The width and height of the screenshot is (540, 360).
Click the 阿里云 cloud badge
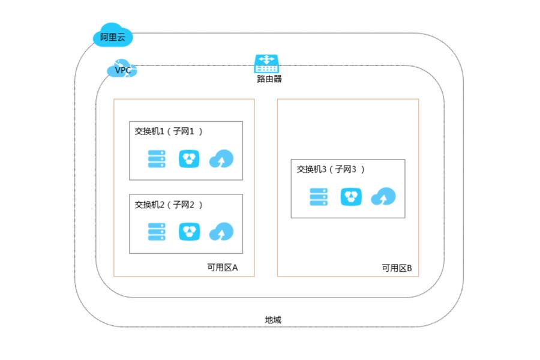pyautogui.click(x=112, y=37)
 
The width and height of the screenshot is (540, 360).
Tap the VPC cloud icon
pyautogui.click(x=122, y=70)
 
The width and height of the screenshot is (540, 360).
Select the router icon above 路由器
pyautogui.click(x=265, y=63)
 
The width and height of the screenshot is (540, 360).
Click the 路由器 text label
pyautogui.click(x=265, y=79)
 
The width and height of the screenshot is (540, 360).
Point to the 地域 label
pyautogui.click(x=272, y=320)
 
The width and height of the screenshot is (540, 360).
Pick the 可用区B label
pyautogui.click(x=397, y=268)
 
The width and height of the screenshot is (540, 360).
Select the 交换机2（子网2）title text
pyautogui.click(x=169, y=205)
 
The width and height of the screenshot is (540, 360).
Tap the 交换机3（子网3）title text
pyautogui.click(x=331, y=169)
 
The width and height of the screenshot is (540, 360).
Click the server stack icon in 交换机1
pyautogui.click(x=157, y=159)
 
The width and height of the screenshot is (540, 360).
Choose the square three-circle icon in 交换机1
pyautogui.click(x=189, y=159)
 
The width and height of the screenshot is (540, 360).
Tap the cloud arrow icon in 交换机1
pyautogui.click(x=221, y=160)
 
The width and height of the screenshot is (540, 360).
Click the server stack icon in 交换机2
pyautogui.click(x=157, y=232)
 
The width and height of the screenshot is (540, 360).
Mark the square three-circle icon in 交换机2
pyautogui.click(x=189, y=232)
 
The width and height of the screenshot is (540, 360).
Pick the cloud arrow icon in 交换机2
pyautogui.click(x=221, y=232)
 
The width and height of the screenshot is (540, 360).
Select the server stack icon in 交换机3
pyautogui.click(x=319, y=197)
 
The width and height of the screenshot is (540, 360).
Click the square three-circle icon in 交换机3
pyautogui.click(x=351, y=197)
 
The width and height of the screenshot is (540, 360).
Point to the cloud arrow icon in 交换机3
pyautogui.click(x=383, y=197)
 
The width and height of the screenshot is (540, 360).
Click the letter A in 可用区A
pyautogui.click(x=235, y=267)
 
